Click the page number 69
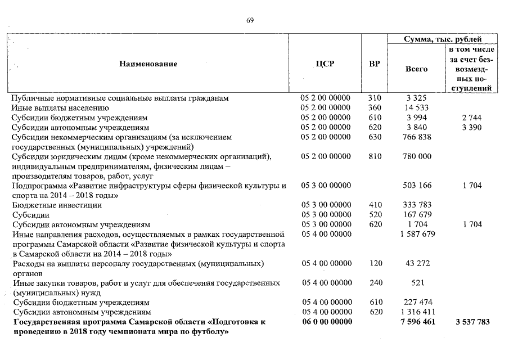[250, 21]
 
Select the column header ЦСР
[325, 64]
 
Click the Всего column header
[416, 69]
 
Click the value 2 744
[470, 118]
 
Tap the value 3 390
[470, 127]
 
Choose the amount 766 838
[416, 137]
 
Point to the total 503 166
[416, 186]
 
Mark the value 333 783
[416, 205]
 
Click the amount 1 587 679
[416, 235]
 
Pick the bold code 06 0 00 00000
[326, 322]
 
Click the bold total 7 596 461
[416, 322]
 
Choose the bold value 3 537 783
[470, 322]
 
